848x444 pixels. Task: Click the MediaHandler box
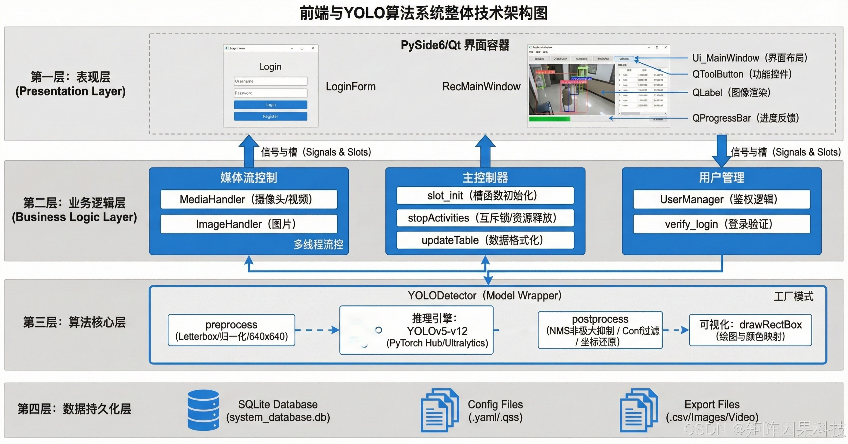[248, 199]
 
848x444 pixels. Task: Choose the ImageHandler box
[248, 224]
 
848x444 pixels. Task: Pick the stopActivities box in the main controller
[485, 218]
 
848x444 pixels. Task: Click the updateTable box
[485, 240]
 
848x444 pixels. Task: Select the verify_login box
[721, 224]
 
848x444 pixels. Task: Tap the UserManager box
[721, 199]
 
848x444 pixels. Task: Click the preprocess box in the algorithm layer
[231, 330]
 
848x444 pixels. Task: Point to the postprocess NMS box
[600, 330]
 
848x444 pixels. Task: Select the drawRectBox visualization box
[750, 330]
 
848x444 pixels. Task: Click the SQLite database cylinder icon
[203, 410]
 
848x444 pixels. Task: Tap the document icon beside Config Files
[439, 410]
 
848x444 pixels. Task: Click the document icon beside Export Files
[638, 410]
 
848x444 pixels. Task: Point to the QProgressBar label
[745, 118]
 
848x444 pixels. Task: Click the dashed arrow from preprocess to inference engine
[317, 330]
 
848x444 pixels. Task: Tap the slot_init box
[485, 196]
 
